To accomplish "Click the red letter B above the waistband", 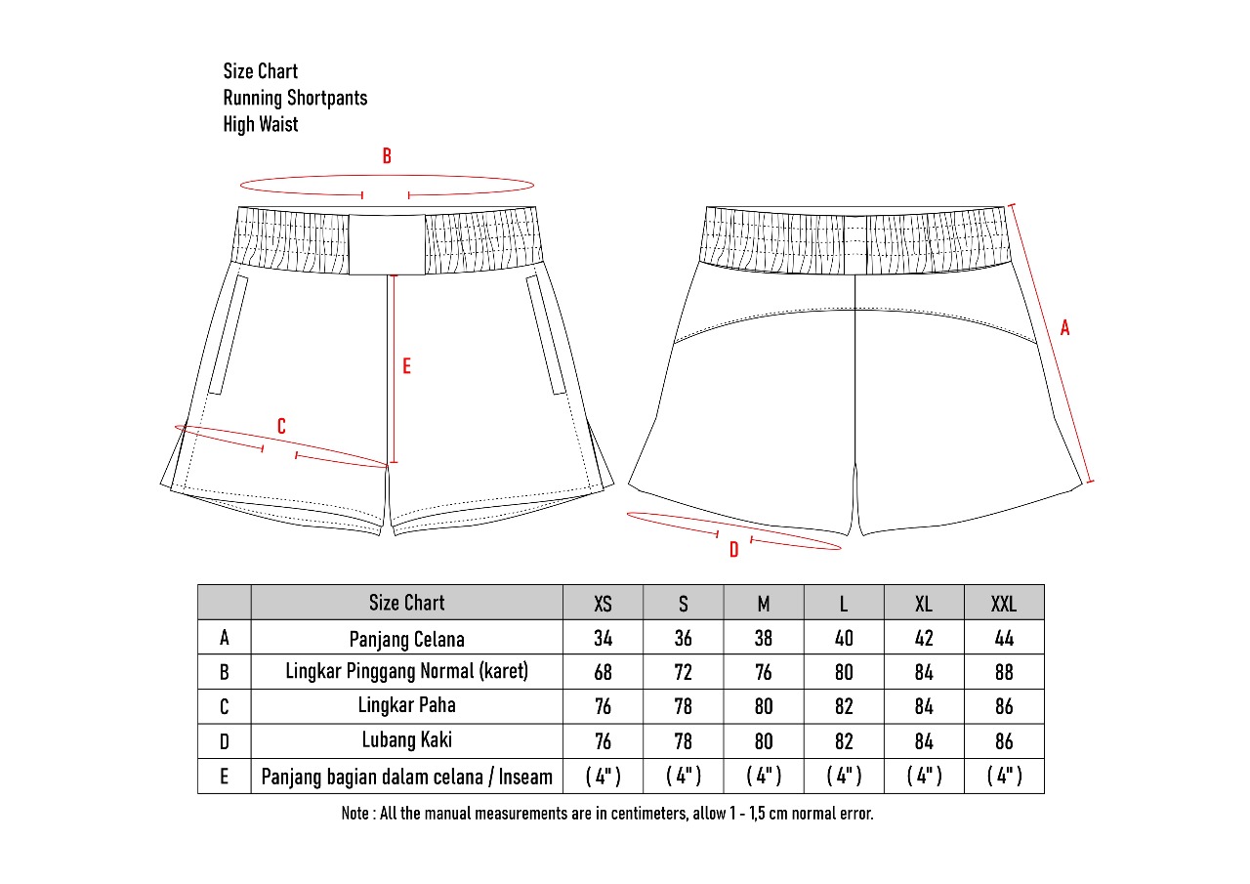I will click(387, 156).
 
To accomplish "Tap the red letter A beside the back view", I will click(1064, 328).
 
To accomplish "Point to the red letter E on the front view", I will click(406, 366).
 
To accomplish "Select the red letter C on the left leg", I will click(281, 426).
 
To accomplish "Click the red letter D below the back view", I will click(734, 550).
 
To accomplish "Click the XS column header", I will click(604, 604).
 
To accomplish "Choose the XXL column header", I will click(1004, 604).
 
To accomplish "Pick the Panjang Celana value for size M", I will click(764, 638).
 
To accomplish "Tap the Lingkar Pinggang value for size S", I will click(684, 672).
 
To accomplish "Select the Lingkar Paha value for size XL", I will click(924, 706).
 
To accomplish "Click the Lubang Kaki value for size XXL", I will click(1004, 741).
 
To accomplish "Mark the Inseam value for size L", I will click(844, 777).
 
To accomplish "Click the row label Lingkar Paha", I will click(406, 704).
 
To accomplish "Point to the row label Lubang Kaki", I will click(406, 739).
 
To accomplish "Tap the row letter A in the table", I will click(225, 638).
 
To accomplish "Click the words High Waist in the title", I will click(261, 124).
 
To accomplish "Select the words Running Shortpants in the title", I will click(295, 98).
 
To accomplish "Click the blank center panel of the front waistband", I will click(387, 243).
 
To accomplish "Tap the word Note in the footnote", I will click(354, 813).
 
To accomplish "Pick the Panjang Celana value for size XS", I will click(604, 638).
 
